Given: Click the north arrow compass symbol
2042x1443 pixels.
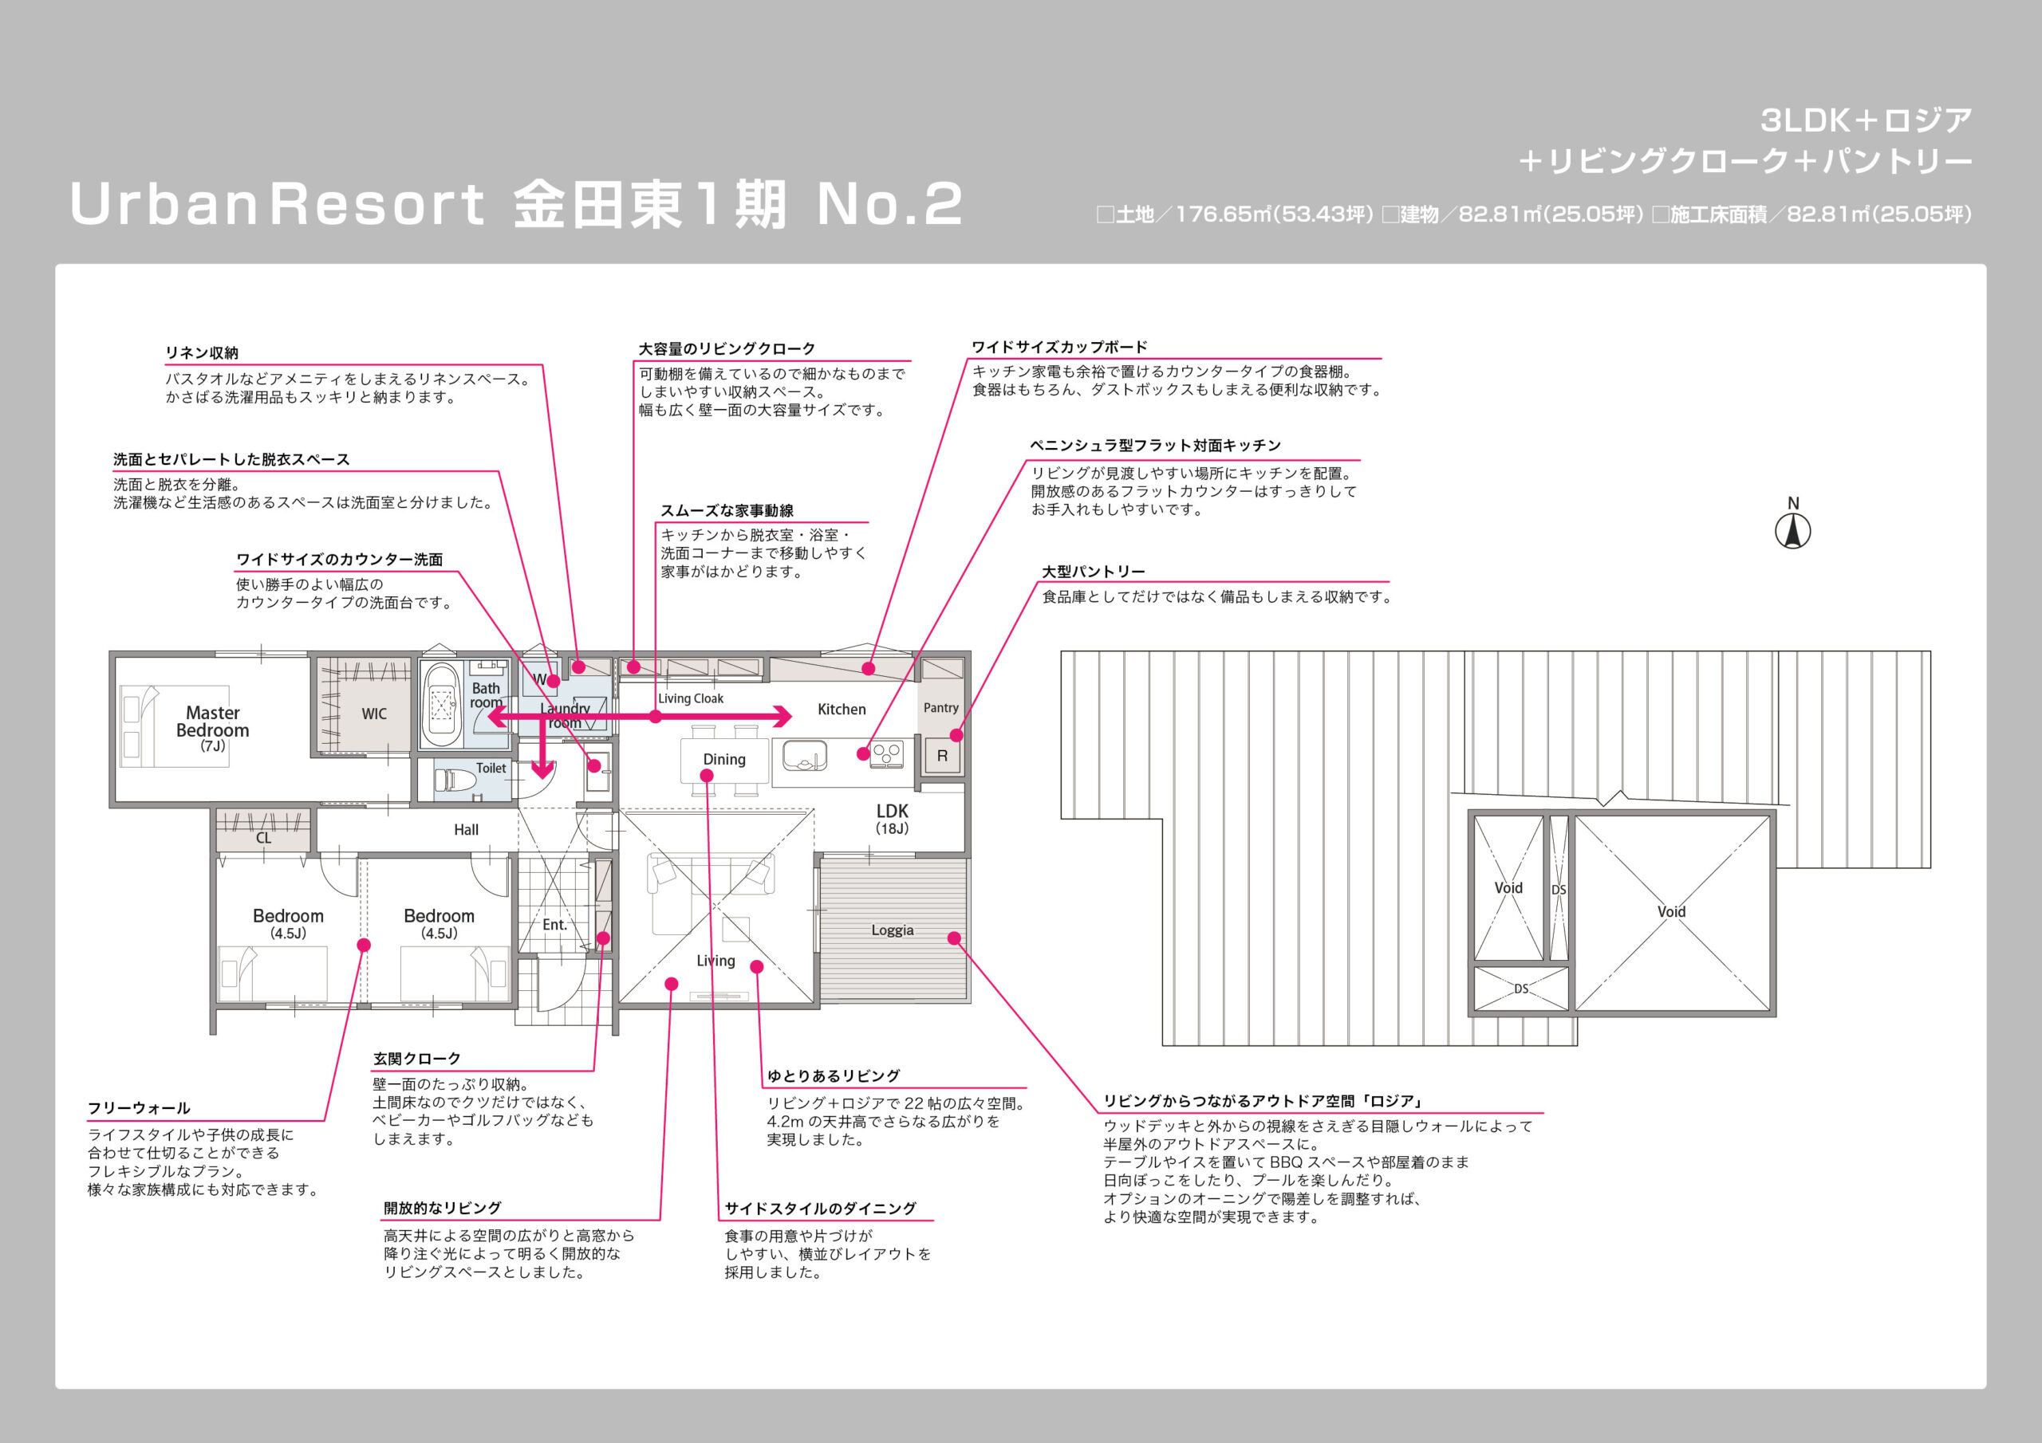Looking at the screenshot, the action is click(1793, 532).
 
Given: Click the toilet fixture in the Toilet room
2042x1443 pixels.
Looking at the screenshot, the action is click(456, 780).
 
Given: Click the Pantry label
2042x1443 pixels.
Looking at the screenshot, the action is click(941, 708).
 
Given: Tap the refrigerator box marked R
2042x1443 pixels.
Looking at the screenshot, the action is click(942, 756).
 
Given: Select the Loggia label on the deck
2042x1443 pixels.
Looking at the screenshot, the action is click(892, 930).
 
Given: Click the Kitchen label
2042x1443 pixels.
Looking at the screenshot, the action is click(842, 709).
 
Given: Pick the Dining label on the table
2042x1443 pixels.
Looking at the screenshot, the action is click(724, 758).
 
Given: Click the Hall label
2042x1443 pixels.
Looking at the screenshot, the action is click(466, 829).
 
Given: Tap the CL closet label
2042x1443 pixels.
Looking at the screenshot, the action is click(263, 838).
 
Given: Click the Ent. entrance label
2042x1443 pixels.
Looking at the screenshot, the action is click(555, 925).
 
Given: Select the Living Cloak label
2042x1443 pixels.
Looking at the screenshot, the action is click(691, 699).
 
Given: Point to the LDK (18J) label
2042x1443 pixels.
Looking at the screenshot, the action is click(892, 819).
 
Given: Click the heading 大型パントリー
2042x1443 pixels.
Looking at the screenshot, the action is click(1093, 572).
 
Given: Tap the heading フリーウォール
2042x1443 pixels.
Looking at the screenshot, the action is click(139, 1108).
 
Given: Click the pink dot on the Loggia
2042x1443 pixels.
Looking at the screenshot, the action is click(954, 938).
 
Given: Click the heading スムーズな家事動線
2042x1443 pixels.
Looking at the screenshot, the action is click(727, 510).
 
